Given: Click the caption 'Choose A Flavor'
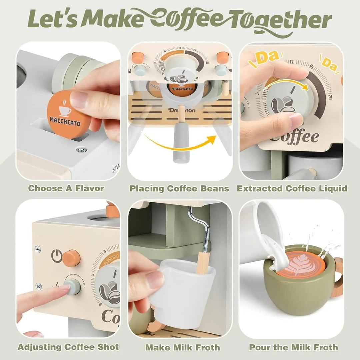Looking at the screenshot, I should tap(66, 188).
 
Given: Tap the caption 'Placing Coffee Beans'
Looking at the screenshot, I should tap(179, 189).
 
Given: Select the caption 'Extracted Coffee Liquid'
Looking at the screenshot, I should tap(292, 189).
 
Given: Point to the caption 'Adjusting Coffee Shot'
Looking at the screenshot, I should tap(68, 347).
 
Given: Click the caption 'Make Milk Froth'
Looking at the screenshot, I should tap(182, 348).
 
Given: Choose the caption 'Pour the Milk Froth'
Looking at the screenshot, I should tap(293, 347).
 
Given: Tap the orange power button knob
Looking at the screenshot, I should tap(71, 258).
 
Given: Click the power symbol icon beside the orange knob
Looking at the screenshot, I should tap(57, 256).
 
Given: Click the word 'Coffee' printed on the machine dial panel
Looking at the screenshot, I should tap(293, 137).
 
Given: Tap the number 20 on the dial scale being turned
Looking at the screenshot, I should tap(330, 97).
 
